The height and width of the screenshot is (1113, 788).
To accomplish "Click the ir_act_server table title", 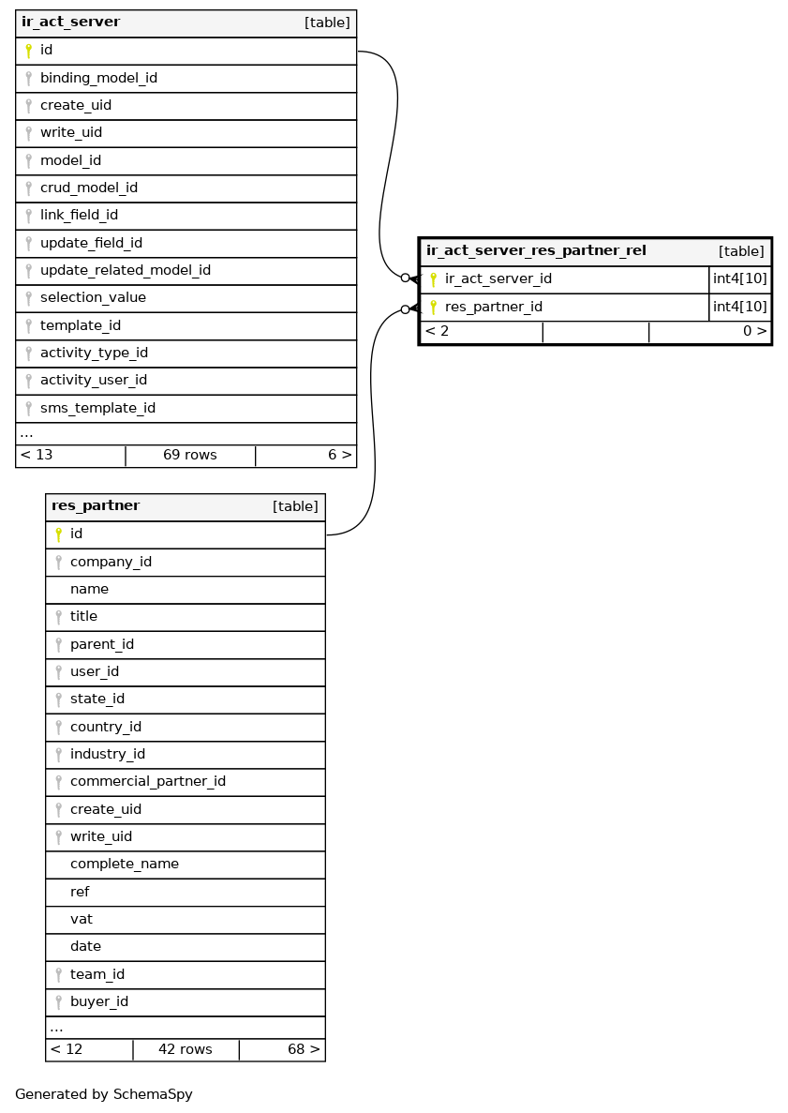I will tap(71, 22).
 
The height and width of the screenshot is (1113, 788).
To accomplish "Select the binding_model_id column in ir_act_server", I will tap(98, 78).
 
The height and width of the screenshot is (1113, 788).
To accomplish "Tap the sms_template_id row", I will tap(97, 408).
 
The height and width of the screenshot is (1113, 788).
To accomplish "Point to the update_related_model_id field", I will tap(125, 270).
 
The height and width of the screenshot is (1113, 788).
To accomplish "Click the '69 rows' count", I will tap(189, 455).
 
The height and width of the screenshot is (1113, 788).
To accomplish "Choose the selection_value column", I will tap(93, 297).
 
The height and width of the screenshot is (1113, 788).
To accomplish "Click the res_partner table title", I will tap(96, 506).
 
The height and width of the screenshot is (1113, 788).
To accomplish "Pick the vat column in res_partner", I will tap(82, 919).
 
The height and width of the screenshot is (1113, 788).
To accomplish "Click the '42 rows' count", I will tap(185, 1049).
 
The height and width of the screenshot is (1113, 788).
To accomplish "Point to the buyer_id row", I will tap(98, 1001).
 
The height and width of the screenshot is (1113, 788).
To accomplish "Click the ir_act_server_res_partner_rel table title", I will tap(536, 250).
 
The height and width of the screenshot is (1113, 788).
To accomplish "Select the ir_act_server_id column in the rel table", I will tap(498, 278).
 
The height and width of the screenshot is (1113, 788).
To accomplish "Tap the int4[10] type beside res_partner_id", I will tap(739, 307).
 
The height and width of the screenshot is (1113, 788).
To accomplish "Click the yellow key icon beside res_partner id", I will tap(58, 534).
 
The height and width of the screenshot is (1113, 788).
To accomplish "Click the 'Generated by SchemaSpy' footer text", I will tap(103, 1094).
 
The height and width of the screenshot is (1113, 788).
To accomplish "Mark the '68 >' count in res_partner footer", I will tap(303, 1049).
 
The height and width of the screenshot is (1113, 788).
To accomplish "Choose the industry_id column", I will tap(107, 754).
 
